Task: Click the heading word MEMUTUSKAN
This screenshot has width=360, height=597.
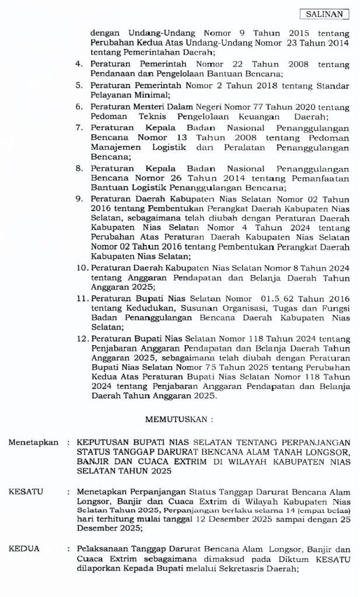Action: click(x=176, y=419)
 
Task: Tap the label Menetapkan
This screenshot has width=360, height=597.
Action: click(x=33, y=443)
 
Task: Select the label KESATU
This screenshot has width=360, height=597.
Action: click(x=26, y=492)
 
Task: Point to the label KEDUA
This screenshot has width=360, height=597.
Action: click(x=24, y=549)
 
